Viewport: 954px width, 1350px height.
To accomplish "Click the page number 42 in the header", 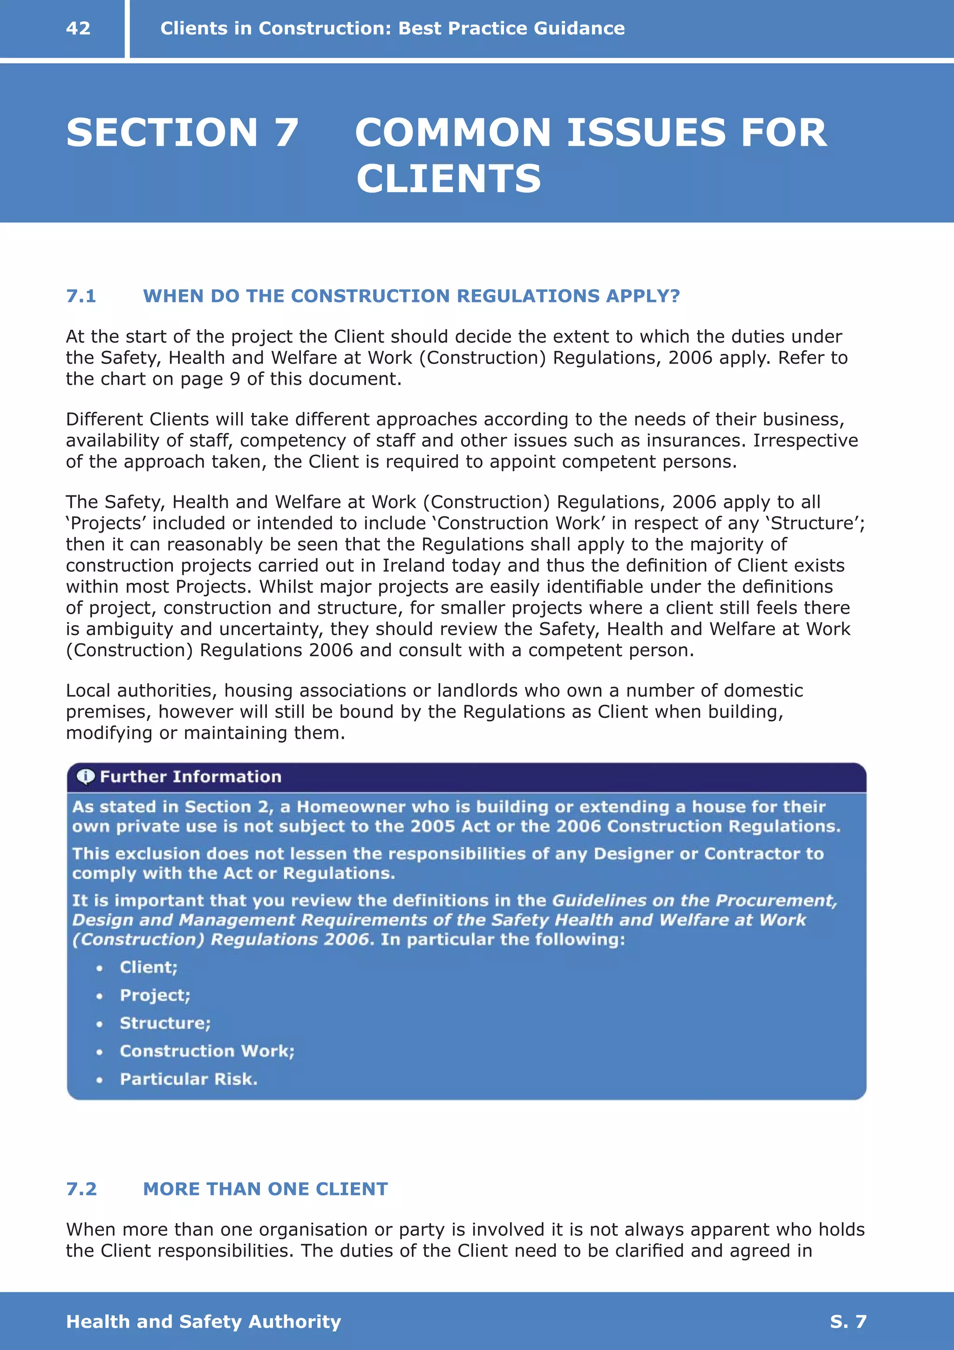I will pyautogui.click(x=78, y=28).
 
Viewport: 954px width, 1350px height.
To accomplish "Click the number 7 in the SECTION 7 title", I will pyautogui.click(x=286, y=133).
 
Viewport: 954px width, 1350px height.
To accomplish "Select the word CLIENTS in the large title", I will pyautogui.click(x=449, y=179).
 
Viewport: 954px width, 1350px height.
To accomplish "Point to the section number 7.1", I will pyautogui.click(x=81, y=296).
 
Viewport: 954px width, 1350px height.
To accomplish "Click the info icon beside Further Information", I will pyautogui.click(x=86, y=777).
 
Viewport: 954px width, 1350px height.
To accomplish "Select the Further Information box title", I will pyautogui.click(x=191, y=777).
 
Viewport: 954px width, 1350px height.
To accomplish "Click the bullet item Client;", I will pyautogui.click(x=149, y=967).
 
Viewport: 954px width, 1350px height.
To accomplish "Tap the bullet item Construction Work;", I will pyautogui.click(x=207, y=1051).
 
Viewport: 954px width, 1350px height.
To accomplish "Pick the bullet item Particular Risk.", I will pyautogui.click(x=189, y=1079).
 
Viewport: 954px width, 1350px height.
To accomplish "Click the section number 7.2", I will pyautogui.click(x=81, y=1189).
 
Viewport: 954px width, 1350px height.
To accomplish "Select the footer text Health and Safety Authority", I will pyautogui.click(x=204, y=1321).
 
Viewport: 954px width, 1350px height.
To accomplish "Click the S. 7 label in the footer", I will pyautogui.click(x=848, y=1321).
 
